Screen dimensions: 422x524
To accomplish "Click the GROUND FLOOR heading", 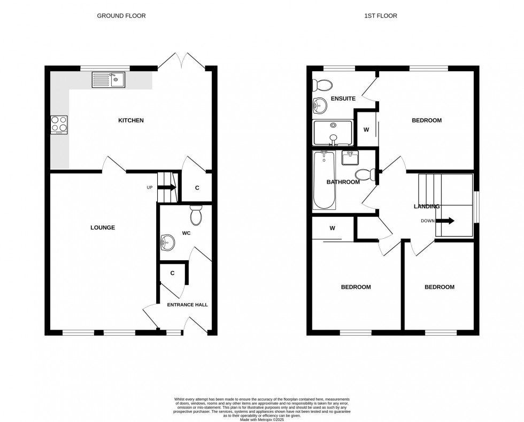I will [x=121, y=16].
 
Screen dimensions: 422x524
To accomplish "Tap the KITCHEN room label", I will [x=130, y=120].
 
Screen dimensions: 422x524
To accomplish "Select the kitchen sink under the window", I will [x=109, y=80].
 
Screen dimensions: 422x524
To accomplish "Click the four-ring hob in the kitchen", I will [x=59, y=125].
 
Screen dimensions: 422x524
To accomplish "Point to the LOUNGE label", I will [x=102, y=228].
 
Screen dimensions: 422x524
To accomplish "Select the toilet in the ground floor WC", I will [x=196, y=215].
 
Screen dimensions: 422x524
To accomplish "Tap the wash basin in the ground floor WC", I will [x=167, y=243].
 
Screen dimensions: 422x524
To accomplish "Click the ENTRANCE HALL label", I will [x=187, y=305].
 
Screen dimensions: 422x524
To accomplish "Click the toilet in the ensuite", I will [x=323, y=85].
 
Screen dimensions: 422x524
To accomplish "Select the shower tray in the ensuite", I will [x=333, y=132].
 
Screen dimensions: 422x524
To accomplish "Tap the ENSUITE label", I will [x=343, y=99].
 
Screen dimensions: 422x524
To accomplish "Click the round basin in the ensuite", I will [x=320, y=105].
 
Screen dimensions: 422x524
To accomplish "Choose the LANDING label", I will [x=426, y=206].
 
